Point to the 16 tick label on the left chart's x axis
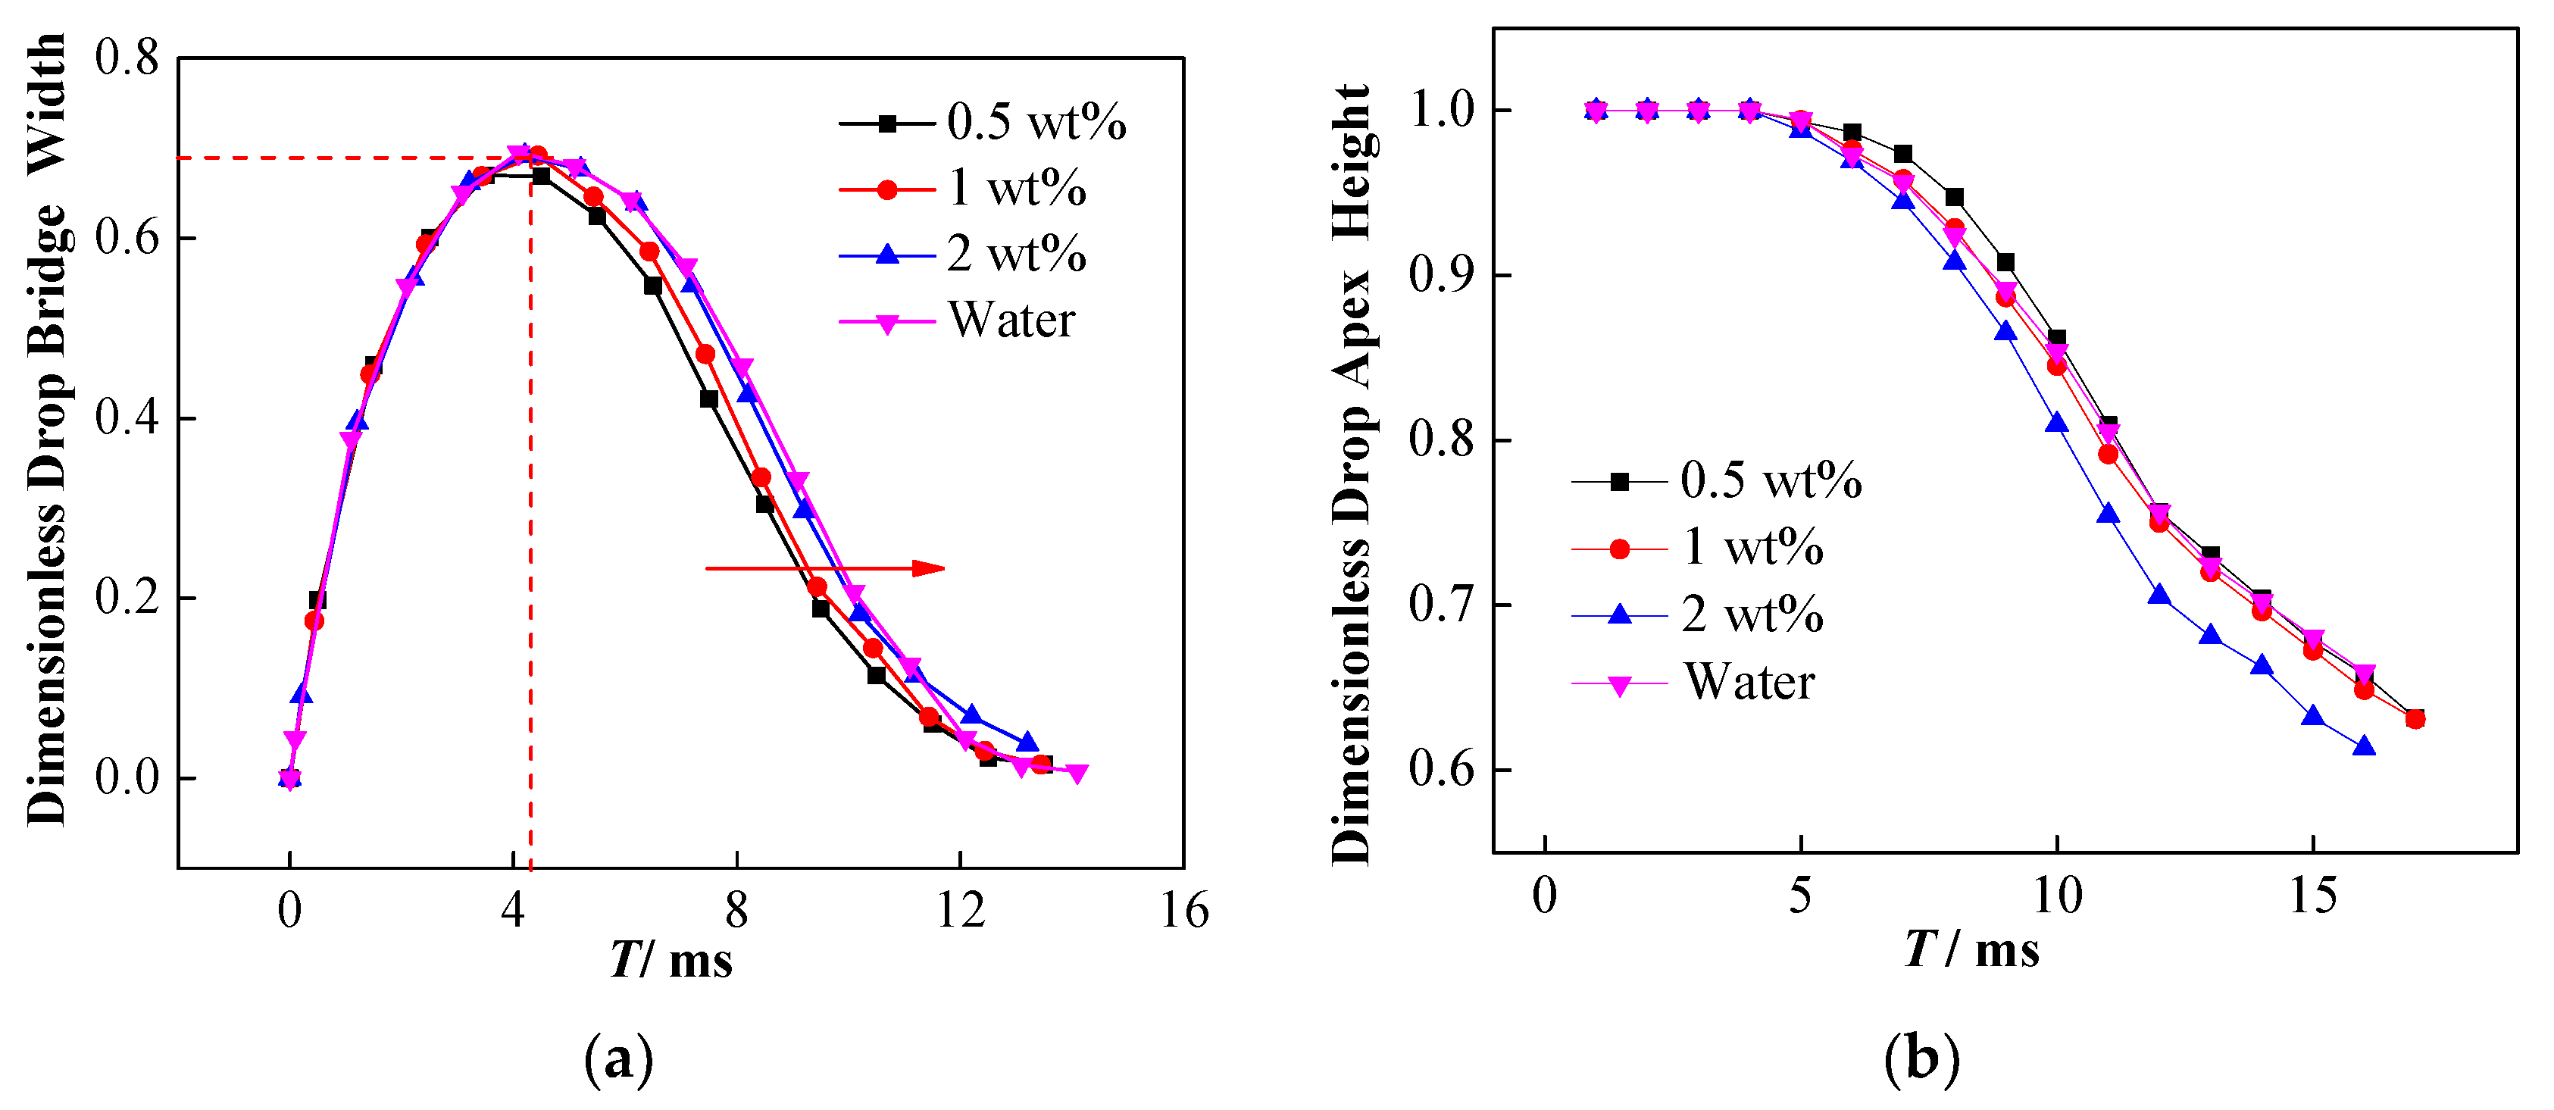1183,911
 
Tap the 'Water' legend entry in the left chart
1011,320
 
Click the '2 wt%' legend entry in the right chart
1752,614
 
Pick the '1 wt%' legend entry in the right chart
1752,547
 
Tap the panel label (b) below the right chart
1921,1058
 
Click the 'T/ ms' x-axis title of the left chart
671,959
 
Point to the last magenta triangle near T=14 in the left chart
1077,773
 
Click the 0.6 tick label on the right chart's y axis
1443,770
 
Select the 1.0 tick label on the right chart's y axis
1443,110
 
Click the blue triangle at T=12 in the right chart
2159,595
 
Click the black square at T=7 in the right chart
1902,154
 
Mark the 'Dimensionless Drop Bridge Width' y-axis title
47,429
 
